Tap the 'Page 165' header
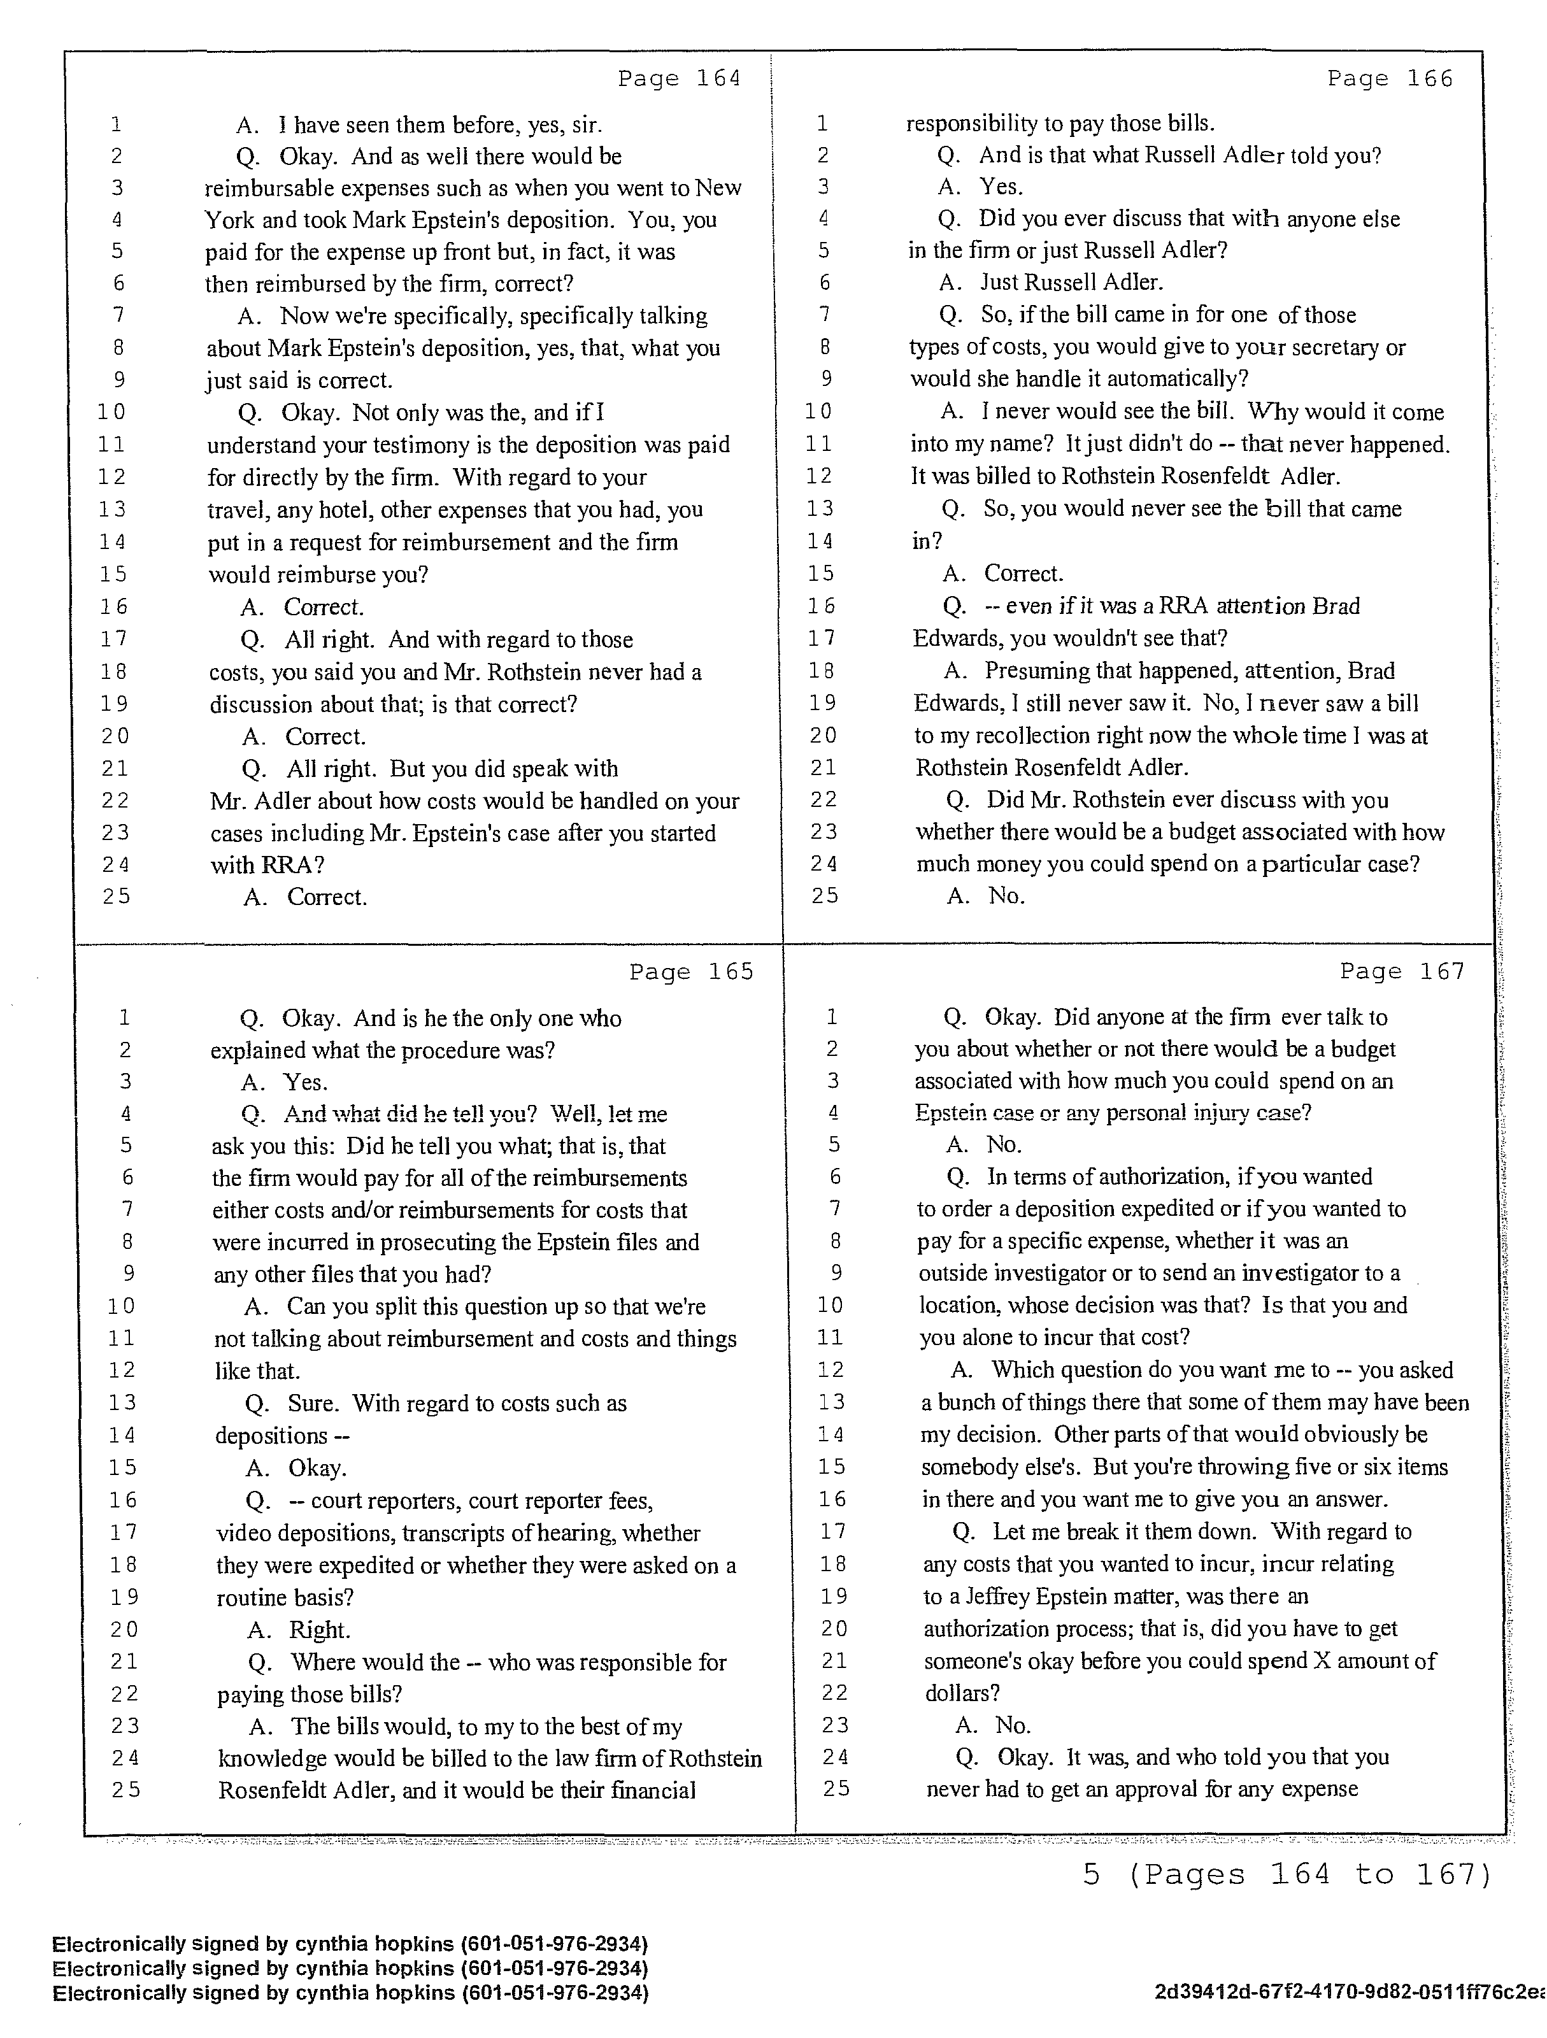[691, 972]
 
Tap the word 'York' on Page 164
[229, 220]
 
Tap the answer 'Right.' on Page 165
[320, 1630]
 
